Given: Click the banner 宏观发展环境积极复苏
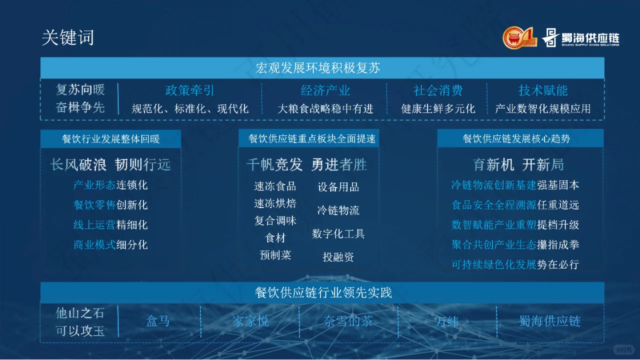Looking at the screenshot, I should (x=322, y=67).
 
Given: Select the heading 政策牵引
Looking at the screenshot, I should (x=189, y=90).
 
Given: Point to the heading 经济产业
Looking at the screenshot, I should (x=325, y=90).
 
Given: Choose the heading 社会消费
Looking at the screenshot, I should (x=438, y=90).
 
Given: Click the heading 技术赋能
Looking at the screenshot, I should (x=543, y=90).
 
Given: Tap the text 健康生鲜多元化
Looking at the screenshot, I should (x=438, y=108).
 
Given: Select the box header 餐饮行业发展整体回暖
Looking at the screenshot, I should (x=110, y=139).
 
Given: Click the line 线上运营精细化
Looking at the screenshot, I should (x=110, y=225).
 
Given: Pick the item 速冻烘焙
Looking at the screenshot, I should (x=275, y=203).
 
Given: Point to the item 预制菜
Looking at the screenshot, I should (x=275, y=255).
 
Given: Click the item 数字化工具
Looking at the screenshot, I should (x=338, y=233).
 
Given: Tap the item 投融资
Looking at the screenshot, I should (x=338, y=257).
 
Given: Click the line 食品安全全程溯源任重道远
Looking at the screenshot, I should (x=515, y=205).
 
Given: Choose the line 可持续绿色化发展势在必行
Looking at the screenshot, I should (x=515, y=264).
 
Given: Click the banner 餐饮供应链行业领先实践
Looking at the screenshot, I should (x=322, y=292).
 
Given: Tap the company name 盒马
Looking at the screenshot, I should (x=158, y=321).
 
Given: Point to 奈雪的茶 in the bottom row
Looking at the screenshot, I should (x=348, y=321).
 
